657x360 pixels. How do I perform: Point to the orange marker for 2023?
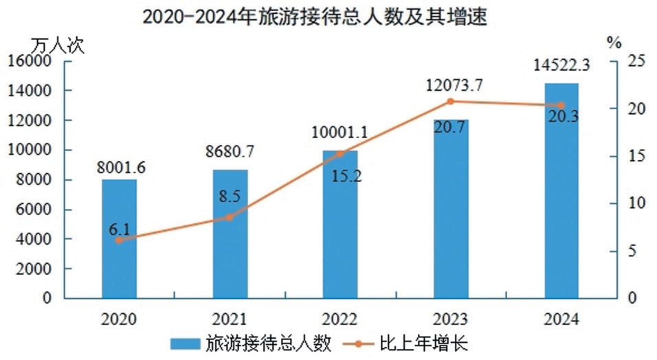(x=451, y=101)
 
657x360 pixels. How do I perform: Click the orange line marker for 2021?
(x=230, y=217)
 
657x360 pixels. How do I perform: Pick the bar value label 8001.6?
(x=122, y=167)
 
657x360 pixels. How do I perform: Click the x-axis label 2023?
(x=451, y=319)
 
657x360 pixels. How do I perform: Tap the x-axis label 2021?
(x=230, y=319)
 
